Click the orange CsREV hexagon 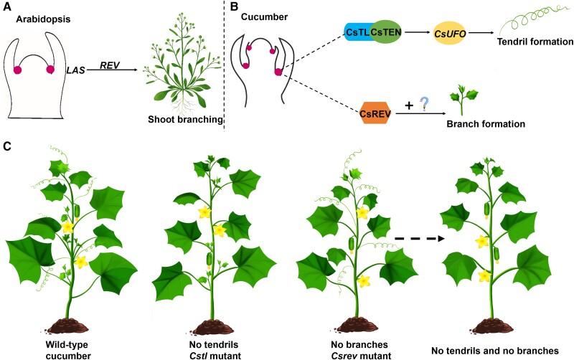pyautogui.click(x=377, y=114)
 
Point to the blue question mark pyautogui.click(x=425, y=105)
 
